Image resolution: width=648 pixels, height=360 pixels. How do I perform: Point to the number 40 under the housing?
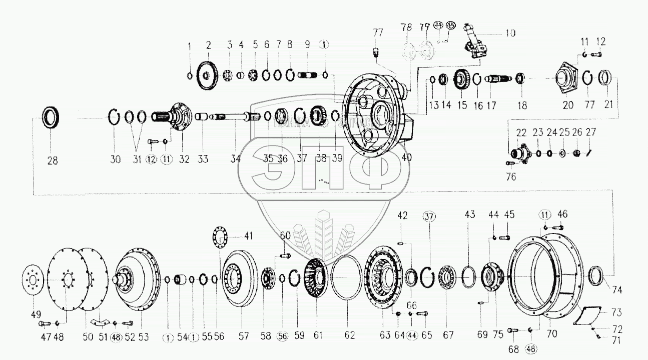point(406,157)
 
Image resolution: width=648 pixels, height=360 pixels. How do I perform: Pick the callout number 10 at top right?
point(510,33)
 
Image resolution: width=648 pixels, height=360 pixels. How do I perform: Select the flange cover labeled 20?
point(568,79)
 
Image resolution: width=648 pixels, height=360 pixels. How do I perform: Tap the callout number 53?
point(144,336)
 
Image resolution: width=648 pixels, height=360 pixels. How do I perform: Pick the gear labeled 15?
point(461,80)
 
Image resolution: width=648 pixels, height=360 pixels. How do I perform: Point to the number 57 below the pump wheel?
point(244,336)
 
